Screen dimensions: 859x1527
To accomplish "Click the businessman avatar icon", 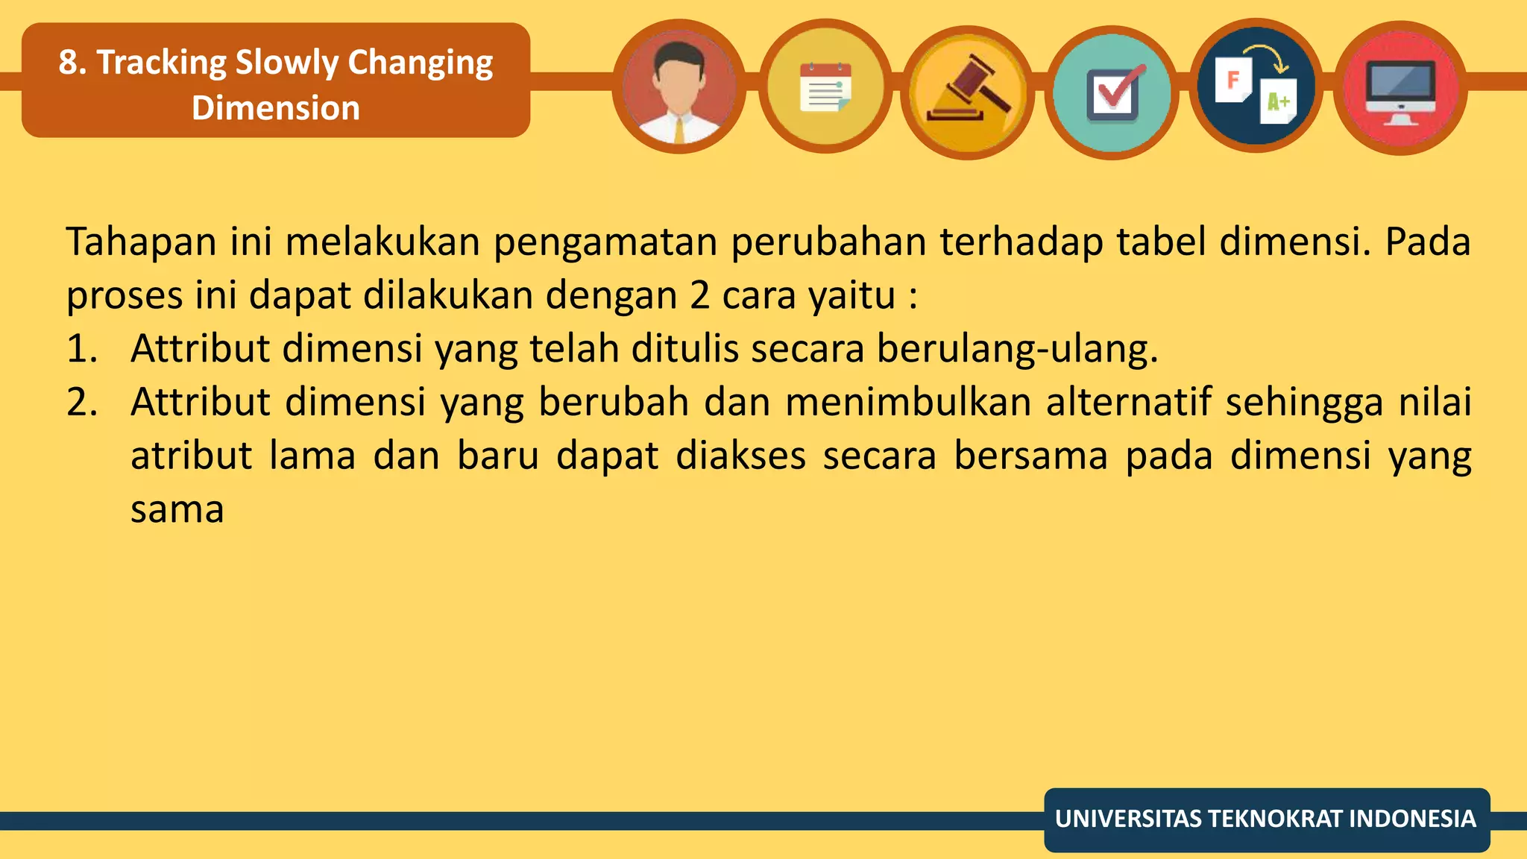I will click(679, 87).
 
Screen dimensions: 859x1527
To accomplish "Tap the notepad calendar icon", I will click(825, 87).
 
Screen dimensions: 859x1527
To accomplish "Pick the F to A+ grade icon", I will click(1256, 86).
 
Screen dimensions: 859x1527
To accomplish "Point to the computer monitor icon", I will click(1400, 88).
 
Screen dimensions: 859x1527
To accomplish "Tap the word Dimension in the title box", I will click(276, 108).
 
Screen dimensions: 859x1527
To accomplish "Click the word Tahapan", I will click(141, 242).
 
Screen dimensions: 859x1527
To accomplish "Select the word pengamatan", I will click(605, 242).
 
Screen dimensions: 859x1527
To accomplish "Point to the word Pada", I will click(1427, 242).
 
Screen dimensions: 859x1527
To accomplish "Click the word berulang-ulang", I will click(1017, 349).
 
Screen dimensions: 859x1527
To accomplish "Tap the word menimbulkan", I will click(907, 403).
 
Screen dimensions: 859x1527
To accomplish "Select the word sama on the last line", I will click(177, 510).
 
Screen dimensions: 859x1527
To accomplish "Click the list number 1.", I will click(81, 349).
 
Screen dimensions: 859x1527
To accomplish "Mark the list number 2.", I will click(82, 403).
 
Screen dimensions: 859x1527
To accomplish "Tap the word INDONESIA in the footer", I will click(1412, 819).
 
